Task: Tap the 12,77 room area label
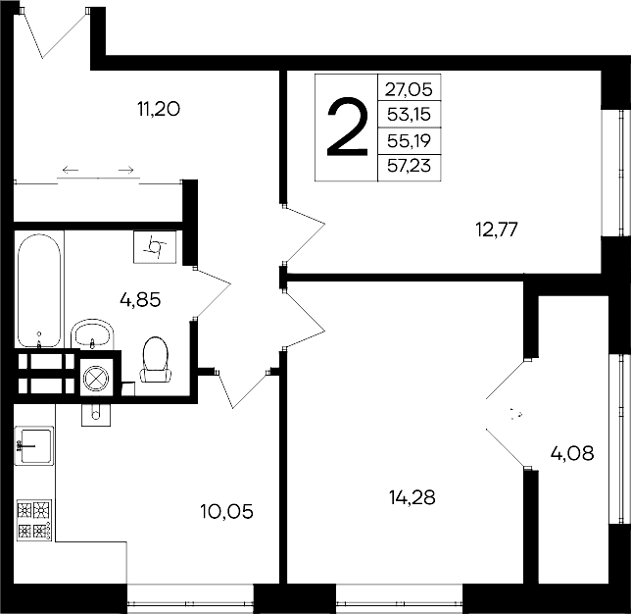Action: pos(496,230)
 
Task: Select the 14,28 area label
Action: pos(412,496)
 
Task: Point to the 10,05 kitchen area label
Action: pos(226,511)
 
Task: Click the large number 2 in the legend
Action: pos(346,128)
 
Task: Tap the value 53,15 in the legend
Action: pos(409,115)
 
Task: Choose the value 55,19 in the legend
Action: pos(409,141)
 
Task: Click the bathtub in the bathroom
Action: pos(40,289)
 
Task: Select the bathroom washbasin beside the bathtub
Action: pos(93,333)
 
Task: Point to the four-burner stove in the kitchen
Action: pos(35,520)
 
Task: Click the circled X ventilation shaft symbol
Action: pos(95,377)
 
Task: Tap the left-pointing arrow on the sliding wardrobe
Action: pos(72,171)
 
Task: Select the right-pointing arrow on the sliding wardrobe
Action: pos(125,171)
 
